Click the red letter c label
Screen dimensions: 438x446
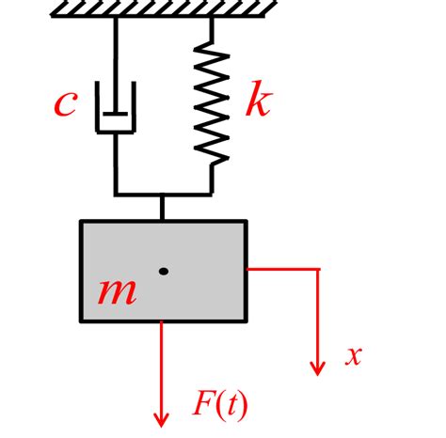tap(64, 102)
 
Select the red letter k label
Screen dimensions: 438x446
tap(257, 101)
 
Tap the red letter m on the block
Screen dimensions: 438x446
tap(118, 291)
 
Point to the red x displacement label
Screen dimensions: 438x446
tap(353, 355)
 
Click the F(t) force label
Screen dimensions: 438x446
tap(220, 403)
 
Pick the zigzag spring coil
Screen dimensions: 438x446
tap(212, 105)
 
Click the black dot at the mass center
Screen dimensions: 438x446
tap(164, 272)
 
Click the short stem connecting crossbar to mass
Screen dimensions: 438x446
tap(163, 208)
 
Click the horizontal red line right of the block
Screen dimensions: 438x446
tap(282, 270)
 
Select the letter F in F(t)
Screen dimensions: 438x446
tap(203, 403)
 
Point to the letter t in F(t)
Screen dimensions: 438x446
tap(231, 404)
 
